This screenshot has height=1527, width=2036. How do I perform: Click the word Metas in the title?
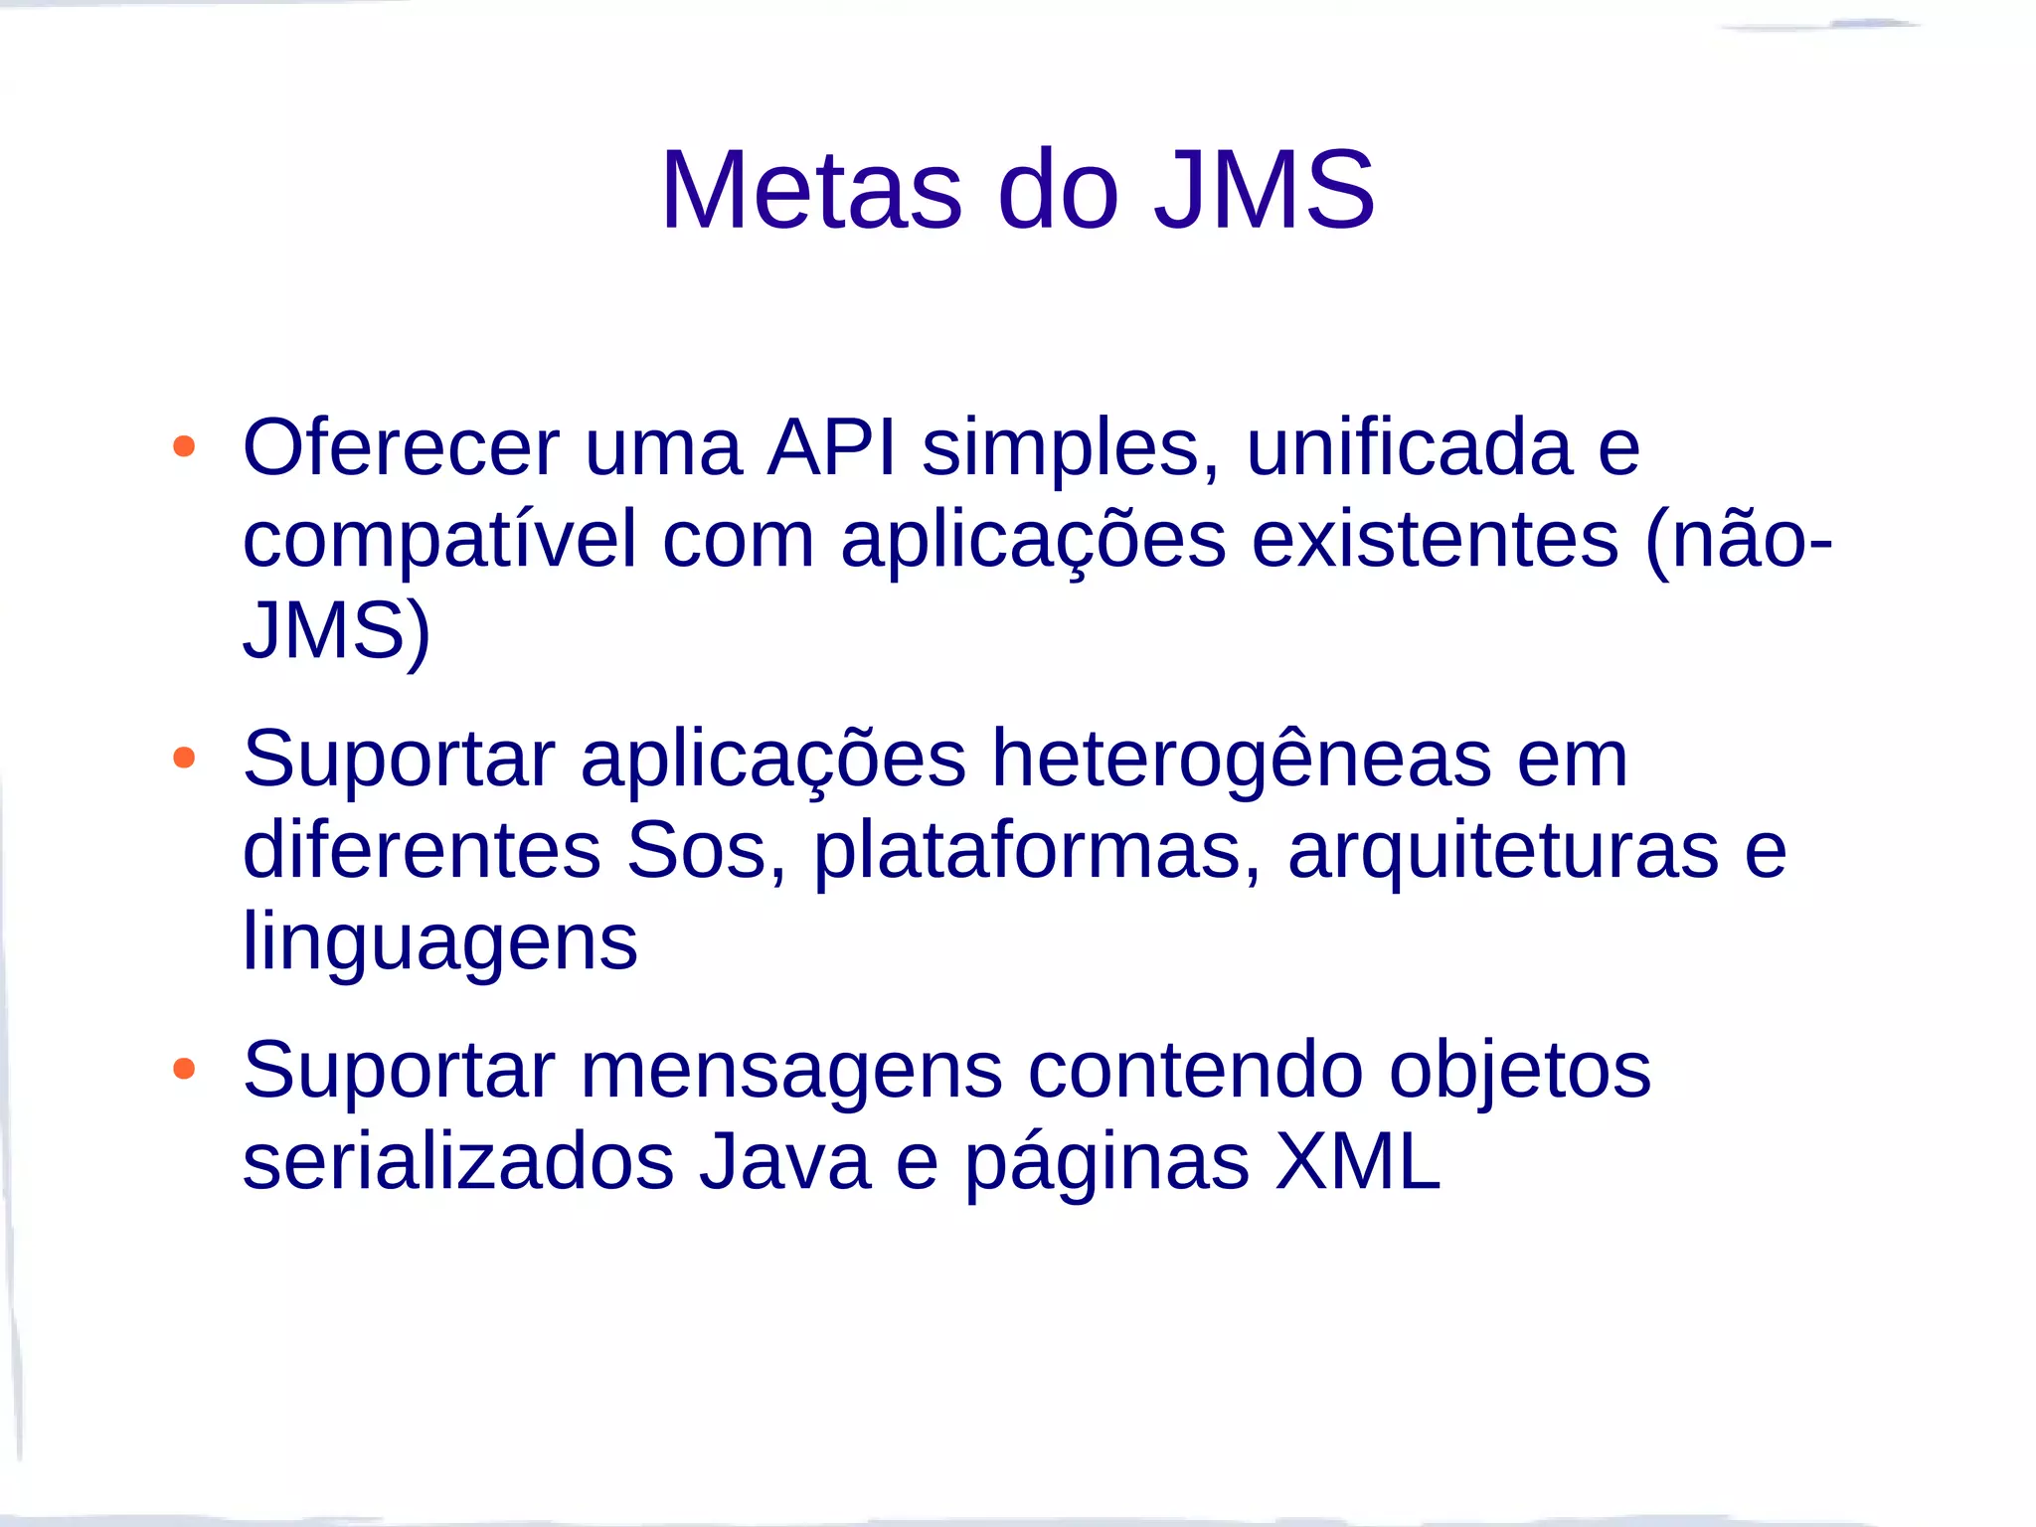[x=811, y=190]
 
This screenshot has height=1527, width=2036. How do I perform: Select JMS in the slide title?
[x=1264, y=190]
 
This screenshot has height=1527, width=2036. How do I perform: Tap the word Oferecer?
[x=401, y=448]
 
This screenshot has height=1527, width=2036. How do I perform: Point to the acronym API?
[x=831, y=448]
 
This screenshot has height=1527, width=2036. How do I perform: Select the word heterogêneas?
[x=1241, y=760]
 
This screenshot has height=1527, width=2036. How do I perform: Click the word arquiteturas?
[x=1502, y=851]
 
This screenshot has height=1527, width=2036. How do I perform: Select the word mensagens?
[x=791, y=1071]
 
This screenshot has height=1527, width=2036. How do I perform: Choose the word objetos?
[x=1520, y=1071]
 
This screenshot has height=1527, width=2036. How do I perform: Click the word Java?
[x=784, y=1162]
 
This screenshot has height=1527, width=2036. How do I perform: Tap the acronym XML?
[x=1357, y=1162]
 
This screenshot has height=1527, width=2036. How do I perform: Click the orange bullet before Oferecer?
[x=184, y=446]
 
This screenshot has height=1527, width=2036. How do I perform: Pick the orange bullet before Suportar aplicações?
[x=184, y=759]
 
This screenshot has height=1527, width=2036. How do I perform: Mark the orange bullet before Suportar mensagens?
[x=184, y=1070]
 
